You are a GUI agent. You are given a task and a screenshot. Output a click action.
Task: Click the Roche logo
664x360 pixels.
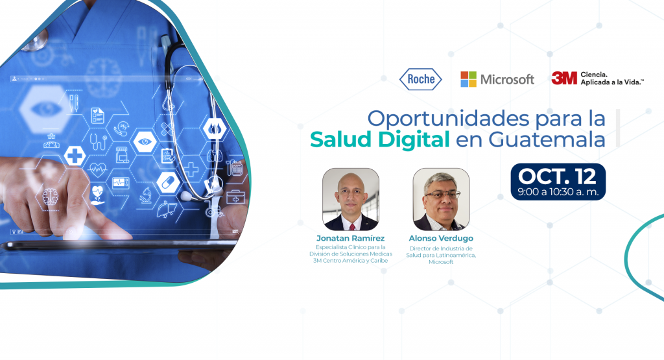[x=420, y=79]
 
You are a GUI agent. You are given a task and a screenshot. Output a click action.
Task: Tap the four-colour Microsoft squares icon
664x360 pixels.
[x=468, y=79]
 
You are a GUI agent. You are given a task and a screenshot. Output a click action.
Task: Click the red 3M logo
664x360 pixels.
[x=564, y=78]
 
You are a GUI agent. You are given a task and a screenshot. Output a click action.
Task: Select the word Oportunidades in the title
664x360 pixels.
[x=449, y=119]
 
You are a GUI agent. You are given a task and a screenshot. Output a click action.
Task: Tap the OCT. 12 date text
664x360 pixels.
[x=557, y=176]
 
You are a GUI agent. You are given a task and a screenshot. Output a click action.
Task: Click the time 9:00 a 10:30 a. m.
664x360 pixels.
[x=558, y=192]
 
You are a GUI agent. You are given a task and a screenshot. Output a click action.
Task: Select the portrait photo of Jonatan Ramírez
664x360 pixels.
[x=351, y=199]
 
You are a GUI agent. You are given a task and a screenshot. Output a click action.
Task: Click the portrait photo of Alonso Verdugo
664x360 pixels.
[x=441, y=199]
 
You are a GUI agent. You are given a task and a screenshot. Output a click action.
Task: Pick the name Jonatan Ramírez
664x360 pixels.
[x=350, y=239]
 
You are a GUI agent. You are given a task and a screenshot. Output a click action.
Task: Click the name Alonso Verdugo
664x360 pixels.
[x=441, y=239]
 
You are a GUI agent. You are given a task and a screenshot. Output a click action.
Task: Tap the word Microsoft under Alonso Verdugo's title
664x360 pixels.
[x=441, y=262]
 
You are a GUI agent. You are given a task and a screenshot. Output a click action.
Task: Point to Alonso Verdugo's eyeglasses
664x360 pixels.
[x=442, y=195]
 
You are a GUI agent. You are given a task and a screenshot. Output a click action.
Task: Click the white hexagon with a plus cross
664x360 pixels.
[x=75, y=156]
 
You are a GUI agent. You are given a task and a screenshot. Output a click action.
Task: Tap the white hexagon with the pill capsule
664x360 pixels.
[x=168, y=182]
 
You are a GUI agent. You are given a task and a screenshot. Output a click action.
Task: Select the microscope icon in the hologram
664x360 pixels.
[x=146, y=196]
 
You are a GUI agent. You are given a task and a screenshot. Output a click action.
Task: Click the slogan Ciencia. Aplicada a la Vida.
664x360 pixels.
[x=612, y=78]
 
